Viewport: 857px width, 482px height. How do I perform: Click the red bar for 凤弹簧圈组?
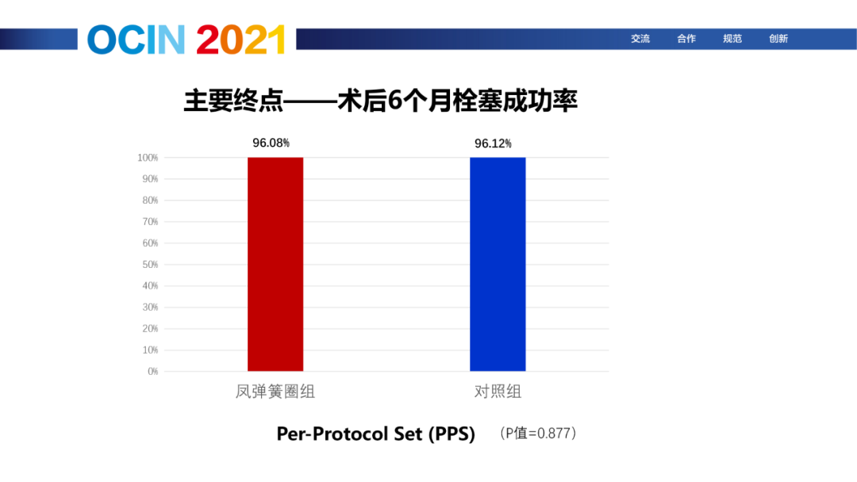[x=275, y=264]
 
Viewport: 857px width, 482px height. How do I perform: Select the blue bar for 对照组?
[x=498, y=264]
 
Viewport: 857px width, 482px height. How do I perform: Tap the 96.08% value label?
[x=271, y=143]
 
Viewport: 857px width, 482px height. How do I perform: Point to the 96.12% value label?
[x=493, y=143]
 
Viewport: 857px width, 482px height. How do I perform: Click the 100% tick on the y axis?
[x=148, y=158]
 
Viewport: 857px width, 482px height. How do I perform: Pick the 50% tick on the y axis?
[x=150, y=265]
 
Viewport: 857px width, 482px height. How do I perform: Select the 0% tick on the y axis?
[x=152, y=371]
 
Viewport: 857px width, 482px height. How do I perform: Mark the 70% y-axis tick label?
[x=150, y=222]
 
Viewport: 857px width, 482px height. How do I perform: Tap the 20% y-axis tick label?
[x=150, y=329]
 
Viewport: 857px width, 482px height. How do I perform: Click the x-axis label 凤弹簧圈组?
[x=275, y=392]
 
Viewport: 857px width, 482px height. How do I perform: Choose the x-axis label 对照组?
[x=498, y=392]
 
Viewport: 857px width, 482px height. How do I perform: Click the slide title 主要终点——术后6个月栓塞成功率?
[x=380, y=101]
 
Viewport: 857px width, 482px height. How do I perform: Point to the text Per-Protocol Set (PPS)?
[x=376, y=434]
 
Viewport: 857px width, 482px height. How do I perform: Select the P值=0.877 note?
[x=538, y=434]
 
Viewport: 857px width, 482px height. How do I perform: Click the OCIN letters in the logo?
[x=136, y=40]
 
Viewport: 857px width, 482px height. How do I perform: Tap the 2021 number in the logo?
[x=241, y=40]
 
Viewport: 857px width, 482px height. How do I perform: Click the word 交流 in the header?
[x=640, y=39]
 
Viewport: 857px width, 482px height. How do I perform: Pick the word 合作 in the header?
[x=686, y=39]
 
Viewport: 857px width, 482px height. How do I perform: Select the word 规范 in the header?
[x=732, y=39]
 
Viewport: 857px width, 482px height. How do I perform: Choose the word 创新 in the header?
[x=778, y=39]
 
